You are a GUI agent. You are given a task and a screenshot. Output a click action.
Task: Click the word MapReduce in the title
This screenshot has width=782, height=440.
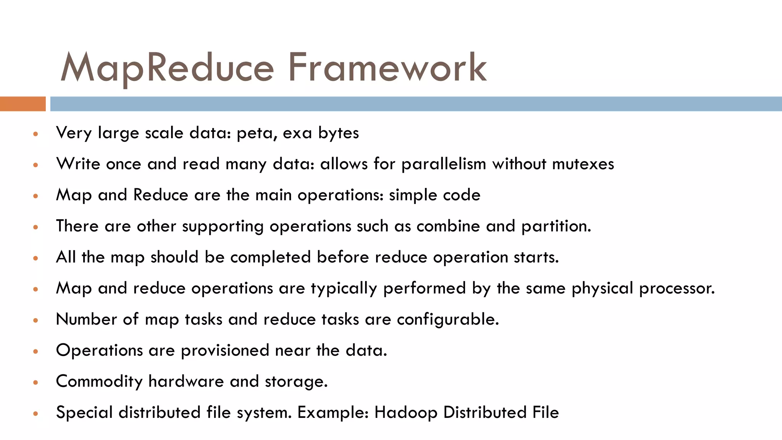coord(167,68)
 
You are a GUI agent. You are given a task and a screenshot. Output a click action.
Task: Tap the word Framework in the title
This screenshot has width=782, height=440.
coord(387,68)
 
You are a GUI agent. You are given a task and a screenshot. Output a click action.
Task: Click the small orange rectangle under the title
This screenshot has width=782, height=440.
coord(23,104)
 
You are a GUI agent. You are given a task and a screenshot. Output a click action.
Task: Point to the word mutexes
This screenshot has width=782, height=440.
coord(583,164)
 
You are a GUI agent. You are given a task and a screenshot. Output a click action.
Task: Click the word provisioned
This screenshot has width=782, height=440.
coord(225,351)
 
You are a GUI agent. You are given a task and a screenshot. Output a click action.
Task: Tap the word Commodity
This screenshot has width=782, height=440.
coord(99,382)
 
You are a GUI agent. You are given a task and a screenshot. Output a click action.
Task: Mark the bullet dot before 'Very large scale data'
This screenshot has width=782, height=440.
coord(36,134)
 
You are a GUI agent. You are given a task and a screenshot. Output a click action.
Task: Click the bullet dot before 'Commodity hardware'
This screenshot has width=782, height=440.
coord(36,382)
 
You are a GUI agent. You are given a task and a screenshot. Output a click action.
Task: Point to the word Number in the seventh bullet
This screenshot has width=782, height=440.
coord(86,319)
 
